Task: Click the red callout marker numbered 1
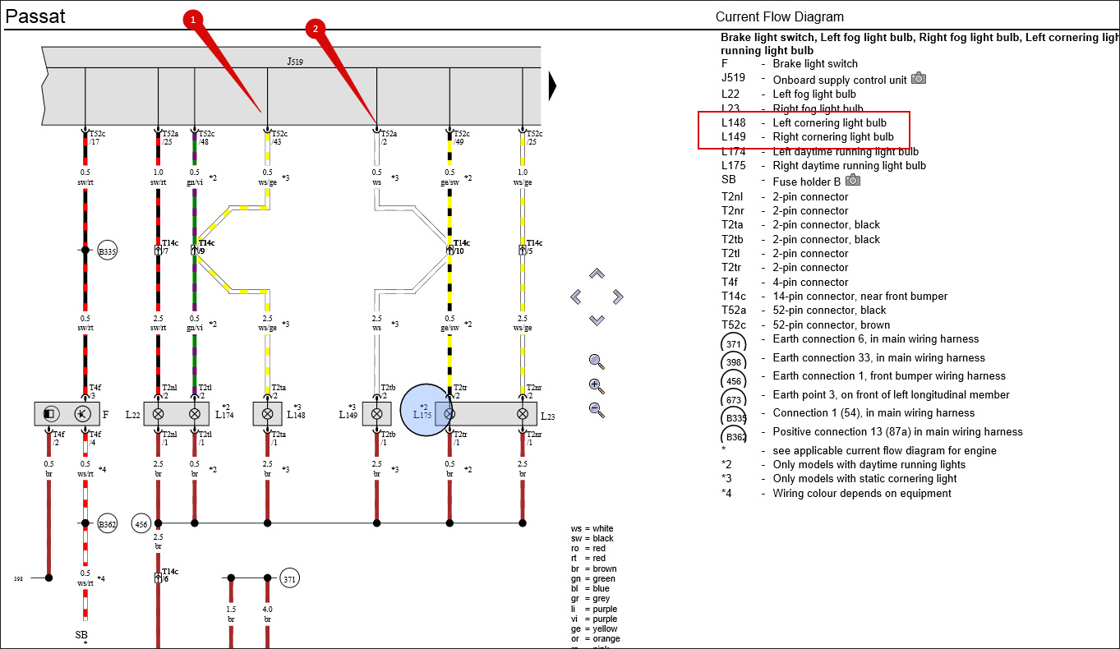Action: [x=192, y=19]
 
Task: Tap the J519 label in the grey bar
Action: [x=295, y=62]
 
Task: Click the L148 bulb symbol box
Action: [x=267, y=414]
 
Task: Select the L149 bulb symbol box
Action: [x=376, y=414]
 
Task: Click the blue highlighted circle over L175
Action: [x=426, y=411]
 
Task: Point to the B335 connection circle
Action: [x=108, y=251]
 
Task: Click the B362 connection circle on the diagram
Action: [x=108, y=522]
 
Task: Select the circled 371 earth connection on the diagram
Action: [x=289, y=578]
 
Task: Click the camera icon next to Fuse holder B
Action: [x=854, y=180]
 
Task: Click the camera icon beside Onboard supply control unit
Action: [x=919, y=79]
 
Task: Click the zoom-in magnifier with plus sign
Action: [x=597, y=384]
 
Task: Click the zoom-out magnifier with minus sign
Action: [x=597, y=409]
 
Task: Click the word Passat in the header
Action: [x=35, y=16]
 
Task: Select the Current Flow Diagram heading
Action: [x=779, y=16]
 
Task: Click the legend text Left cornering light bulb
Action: [x=829, y=123]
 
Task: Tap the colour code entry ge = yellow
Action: [x=595, y=629]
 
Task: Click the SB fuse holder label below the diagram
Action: [x=81, y=635]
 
